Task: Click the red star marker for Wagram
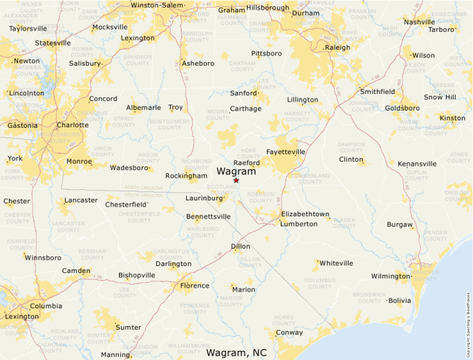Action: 236,180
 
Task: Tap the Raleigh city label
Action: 338,48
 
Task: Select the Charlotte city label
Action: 73,125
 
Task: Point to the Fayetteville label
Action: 286,151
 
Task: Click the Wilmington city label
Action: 390,276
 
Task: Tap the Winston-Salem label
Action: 158,6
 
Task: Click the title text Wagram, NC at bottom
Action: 236,352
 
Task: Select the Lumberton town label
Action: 298,224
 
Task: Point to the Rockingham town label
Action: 186,176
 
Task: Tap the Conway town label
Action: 289,332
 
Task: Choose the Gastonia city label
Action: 23,126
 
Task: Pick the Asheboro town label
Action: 198,64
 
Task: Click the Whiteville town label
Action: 336,263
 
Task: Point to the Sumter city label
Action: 129,327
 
